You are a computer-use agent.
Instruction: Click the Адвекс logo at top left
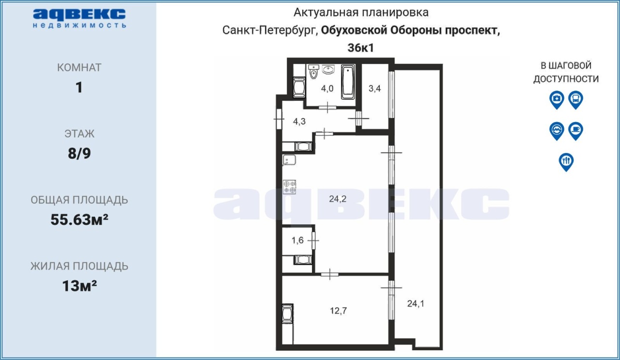tap(79, 18)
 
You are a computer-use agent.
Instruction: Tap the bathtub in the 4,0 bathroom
tap(348, 82)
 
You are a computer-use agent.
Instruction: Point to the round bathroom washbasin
tap(328, 69)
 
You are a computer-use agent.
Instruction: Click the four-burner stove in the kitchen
tap(290, 187)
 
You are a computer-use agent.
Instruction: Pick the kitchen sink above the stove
tap(289, 160)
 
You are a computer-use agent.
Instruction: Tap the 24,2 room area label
tap(338, 199)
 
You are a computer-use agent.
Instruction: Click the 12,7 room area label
tap(338, 311)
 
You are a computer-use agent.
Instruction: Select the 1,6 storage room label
tap(297, 240)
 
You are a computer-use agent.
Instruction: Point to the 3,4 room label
tap(374, 89)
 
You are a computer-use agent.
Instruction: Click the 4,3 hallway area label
tap(299, 121)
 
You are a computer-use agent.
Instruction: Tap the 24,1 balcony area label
tap(416, 304)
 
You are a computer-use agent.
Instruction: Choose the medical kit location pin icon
tap(557, 100)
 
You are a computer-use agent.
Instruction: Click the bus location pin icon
tap(576, 100)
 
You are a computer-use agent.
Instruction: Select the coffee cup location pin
tap(576, 131)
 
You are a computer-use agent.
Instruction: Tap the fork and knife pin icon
tap(566, 162)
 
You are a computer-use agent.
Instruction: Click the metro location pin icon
tap(557, 131)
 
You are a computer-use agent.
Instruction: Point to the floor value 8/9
tap(79, 154)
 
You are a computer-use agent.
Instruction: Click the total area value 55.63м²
tap(79, 219)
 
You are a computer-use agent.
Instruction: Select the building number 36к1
tap(361, 48)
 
